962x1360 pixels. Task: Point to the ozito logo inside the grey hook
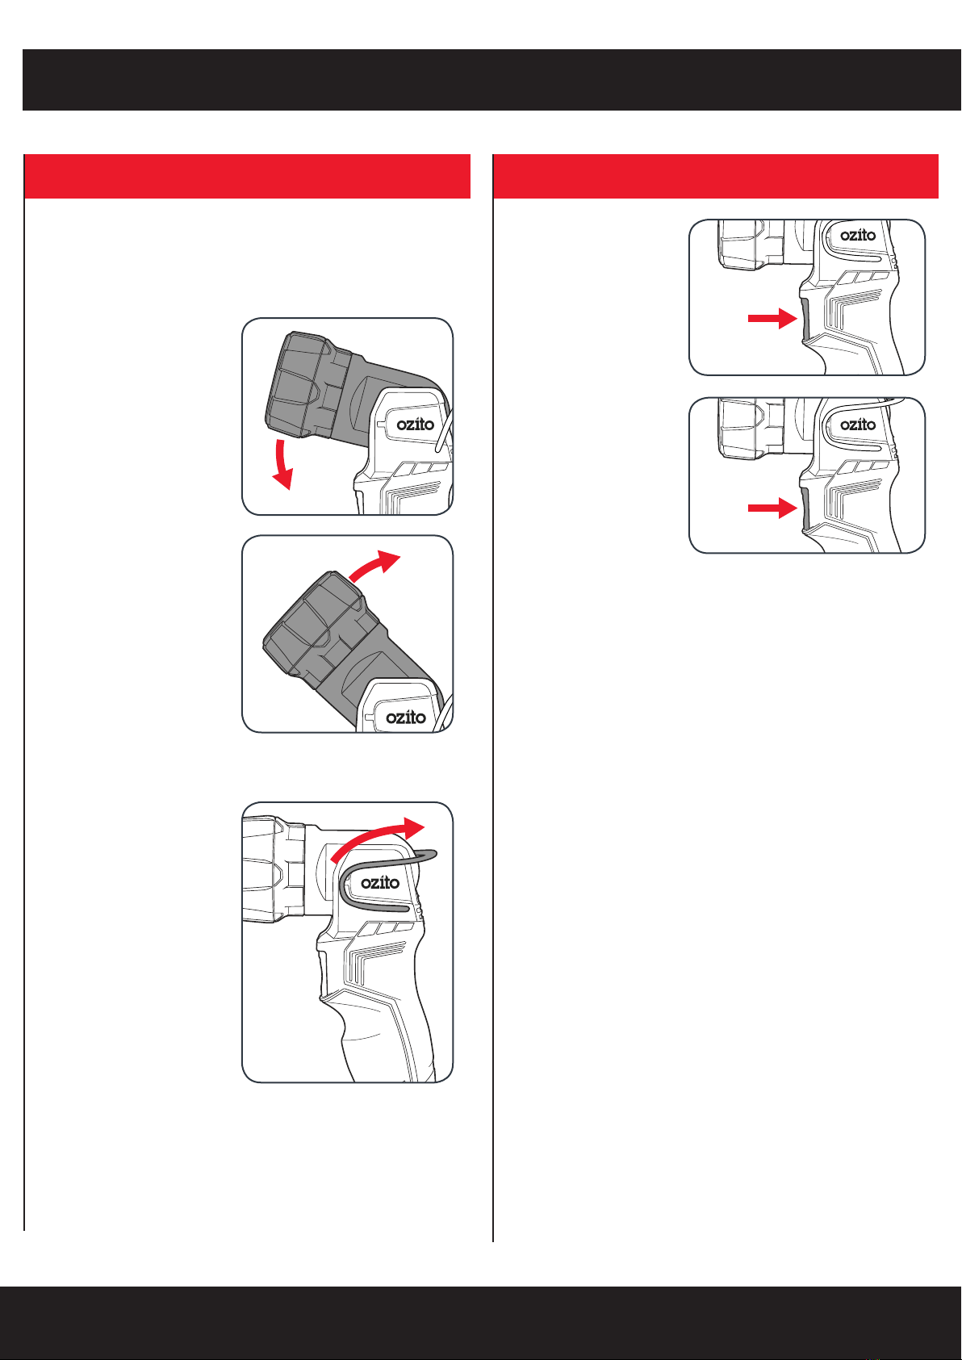point(380,882)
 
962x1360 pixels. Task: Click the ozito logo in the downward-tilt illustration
point(415,424)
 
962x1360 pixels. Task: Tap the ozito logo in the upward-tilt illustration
point(405,717)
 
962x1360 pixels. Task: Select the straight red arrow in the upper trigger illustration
point(772,318)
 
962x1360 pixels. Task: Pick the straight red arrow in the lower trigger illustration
point(772,508)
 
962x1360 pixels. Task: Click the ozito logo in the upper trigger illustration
point(858,235)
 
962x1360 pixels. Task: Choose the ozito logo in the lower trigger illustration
point(858,425)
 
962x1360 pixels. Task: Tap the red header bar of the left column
point(247,176)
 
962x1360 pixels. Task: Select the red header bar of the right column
point(716,176)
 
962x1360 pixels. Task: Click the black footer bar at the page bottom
point(481,1322)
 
